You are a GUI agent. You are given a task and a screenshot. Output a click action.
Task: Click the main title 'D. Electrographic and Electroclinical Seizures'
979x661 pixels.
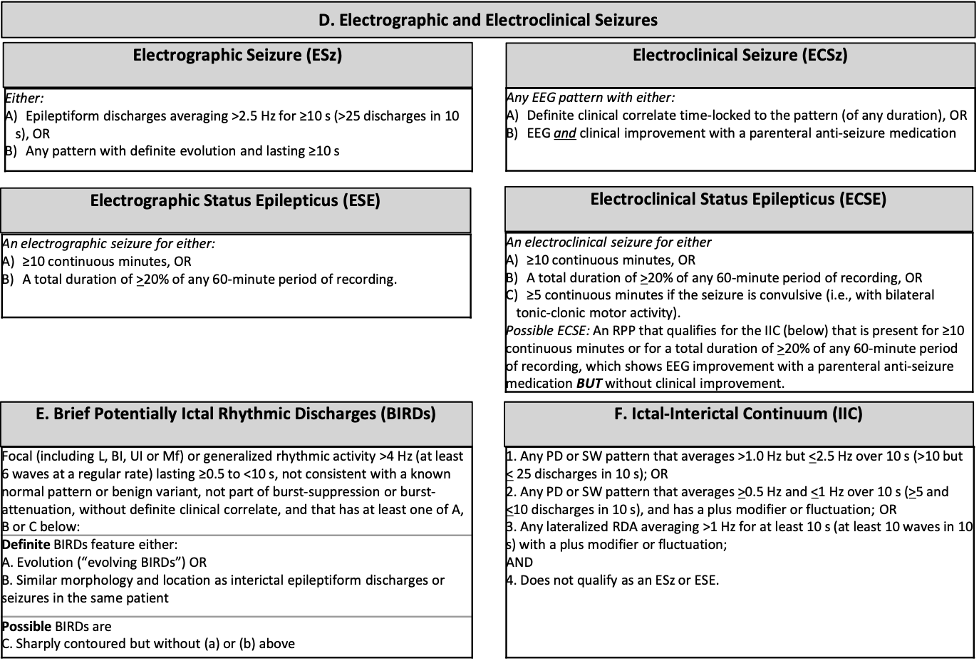pyautogui.click(x=488, y=20)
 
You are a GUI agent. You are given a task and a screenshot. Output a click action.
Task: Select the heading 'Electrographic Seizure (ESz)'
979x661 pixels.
pyautogui.click(x=237, y=56)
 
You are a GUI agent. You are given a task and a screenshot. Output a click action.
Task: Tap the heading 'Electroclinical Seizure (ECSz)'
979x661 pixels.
pyautogui.click(x=740, y=56)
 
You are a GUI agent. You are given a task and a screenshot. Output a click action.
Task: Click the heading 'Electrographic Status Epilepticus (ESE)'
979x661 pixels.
pyautogui.click(x=235, y=201)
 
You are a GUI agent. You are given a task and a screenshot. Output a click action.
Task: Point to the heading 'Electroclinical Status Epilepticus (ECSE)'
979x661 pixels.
pyautogui.click(x=738, y=200)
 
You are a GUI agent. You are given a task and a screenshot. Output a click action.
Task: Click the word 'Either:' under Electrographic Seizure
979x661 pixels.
pyautogui.click(x=25, y=98)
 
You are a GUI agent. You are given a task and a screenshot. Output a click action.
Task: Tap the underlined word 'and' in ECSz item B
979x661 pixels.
pyautogui.click(x=565, y=133)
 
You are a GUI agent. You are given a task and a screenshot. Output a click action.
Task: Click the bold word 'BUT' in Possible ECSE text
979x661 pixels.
pyautogui.click(x=589, y=384)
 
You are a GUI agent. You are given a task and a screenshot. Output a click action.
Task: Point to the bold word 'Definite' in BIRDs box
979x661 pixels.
pyautogui.click(x=26, y=545)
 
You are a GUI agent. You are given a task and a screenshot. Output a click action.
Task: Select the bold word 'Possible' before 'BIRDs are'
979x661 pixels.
pyautogui.click(x=26, y=627)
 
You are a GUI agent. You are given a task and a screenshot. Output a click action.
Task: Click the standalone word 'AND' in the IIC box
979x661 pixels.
pyautogui.click(x=520, y=563)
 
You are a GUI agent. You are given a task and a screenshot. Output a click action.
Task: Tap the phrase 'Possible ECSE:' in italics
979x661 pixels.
pyautogui.click(x=548, y=331)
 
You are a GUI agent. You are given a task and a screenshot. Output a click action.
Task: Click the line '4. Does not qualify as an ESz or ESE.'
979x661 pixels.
pyautogui.click(x=613, y=580)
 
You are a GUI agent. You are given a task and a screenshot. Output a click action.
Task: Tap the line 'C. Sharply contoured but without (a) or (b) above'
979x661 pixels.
pyautogui.click(x=148, y=644)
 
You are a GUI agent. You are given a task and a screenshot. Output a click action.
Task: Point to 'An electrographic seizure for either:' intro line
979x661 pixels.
pyautogui.click(x=109, y=244)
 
